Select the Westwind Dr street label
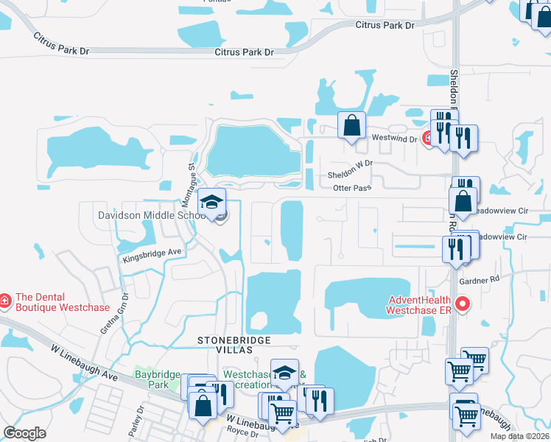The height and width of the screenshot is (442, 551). [395, 138]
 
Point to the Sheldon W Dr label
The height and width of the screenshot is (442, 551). [351, 172]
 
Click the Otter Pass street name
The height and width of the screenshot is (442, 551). [352, 189]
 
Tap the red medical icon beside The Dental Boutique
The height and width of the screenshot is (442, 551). [4, 301]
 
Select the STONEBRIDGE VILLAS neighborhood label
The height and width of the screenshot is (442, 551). [234, 345]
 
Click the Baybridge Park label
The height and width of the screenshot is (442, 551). [157, 379]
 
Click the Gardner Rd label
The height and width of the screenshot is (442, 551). [479, 281]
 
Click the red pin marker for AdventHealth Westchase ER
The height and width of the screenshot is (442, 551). [463, 303]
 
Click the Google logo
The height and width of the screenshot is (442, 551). [24, 433]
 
